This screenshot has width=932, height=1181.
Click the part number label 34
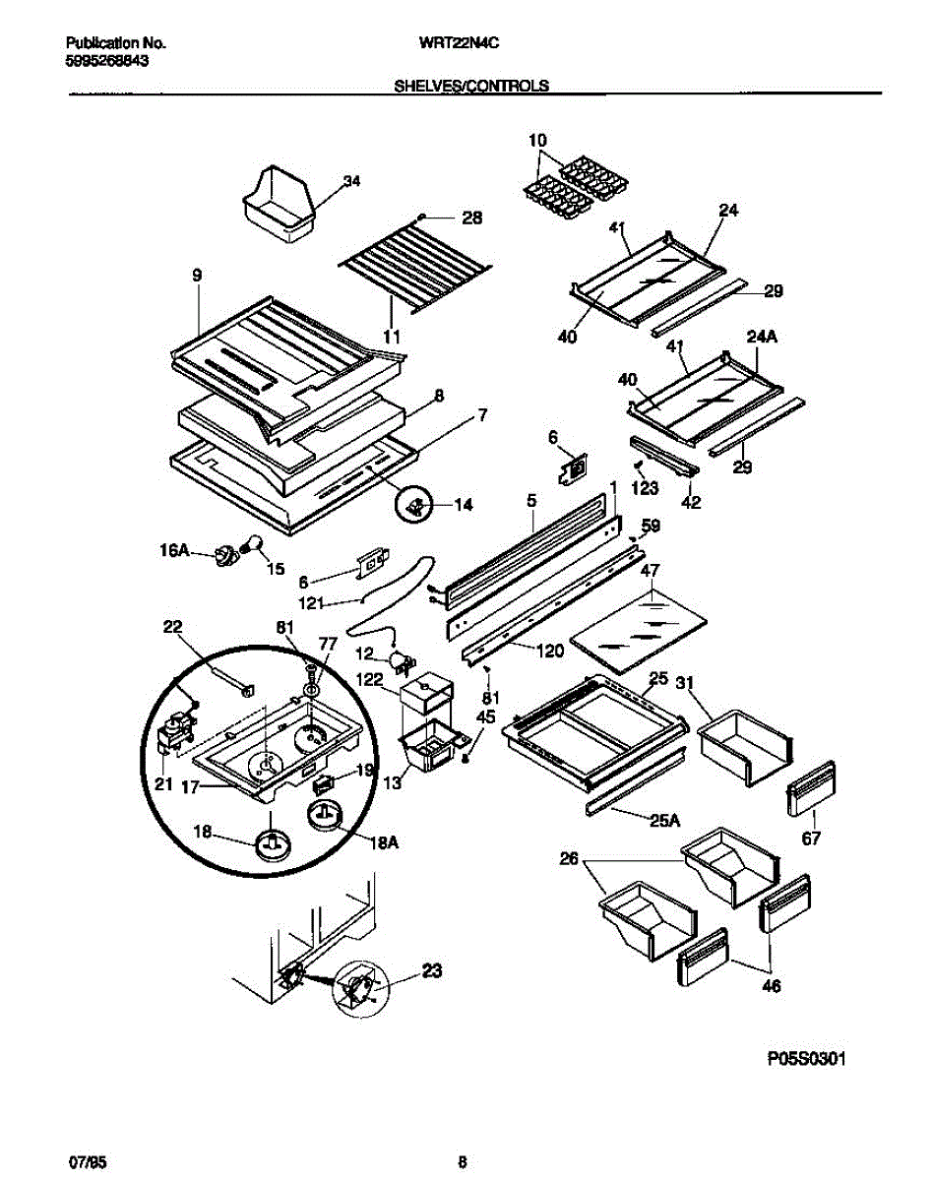(351, 181)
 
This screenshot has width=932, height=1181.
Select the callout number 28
(472, 218)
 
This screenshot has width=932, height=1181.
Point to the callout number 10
(538, 140)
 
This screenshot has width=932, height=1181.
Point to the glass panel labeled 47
(639, 629)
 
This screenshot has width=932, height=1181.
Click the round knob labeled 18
(273, 844)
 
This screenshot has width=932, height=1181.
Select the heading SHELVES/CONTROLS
(471, 86)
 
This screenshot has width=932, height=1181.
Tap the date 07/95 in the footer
(86, 1162)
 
